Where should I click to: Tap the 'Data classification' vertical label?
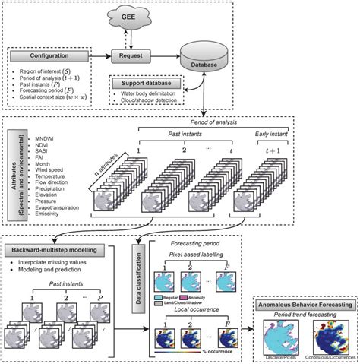pos(137,264)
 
